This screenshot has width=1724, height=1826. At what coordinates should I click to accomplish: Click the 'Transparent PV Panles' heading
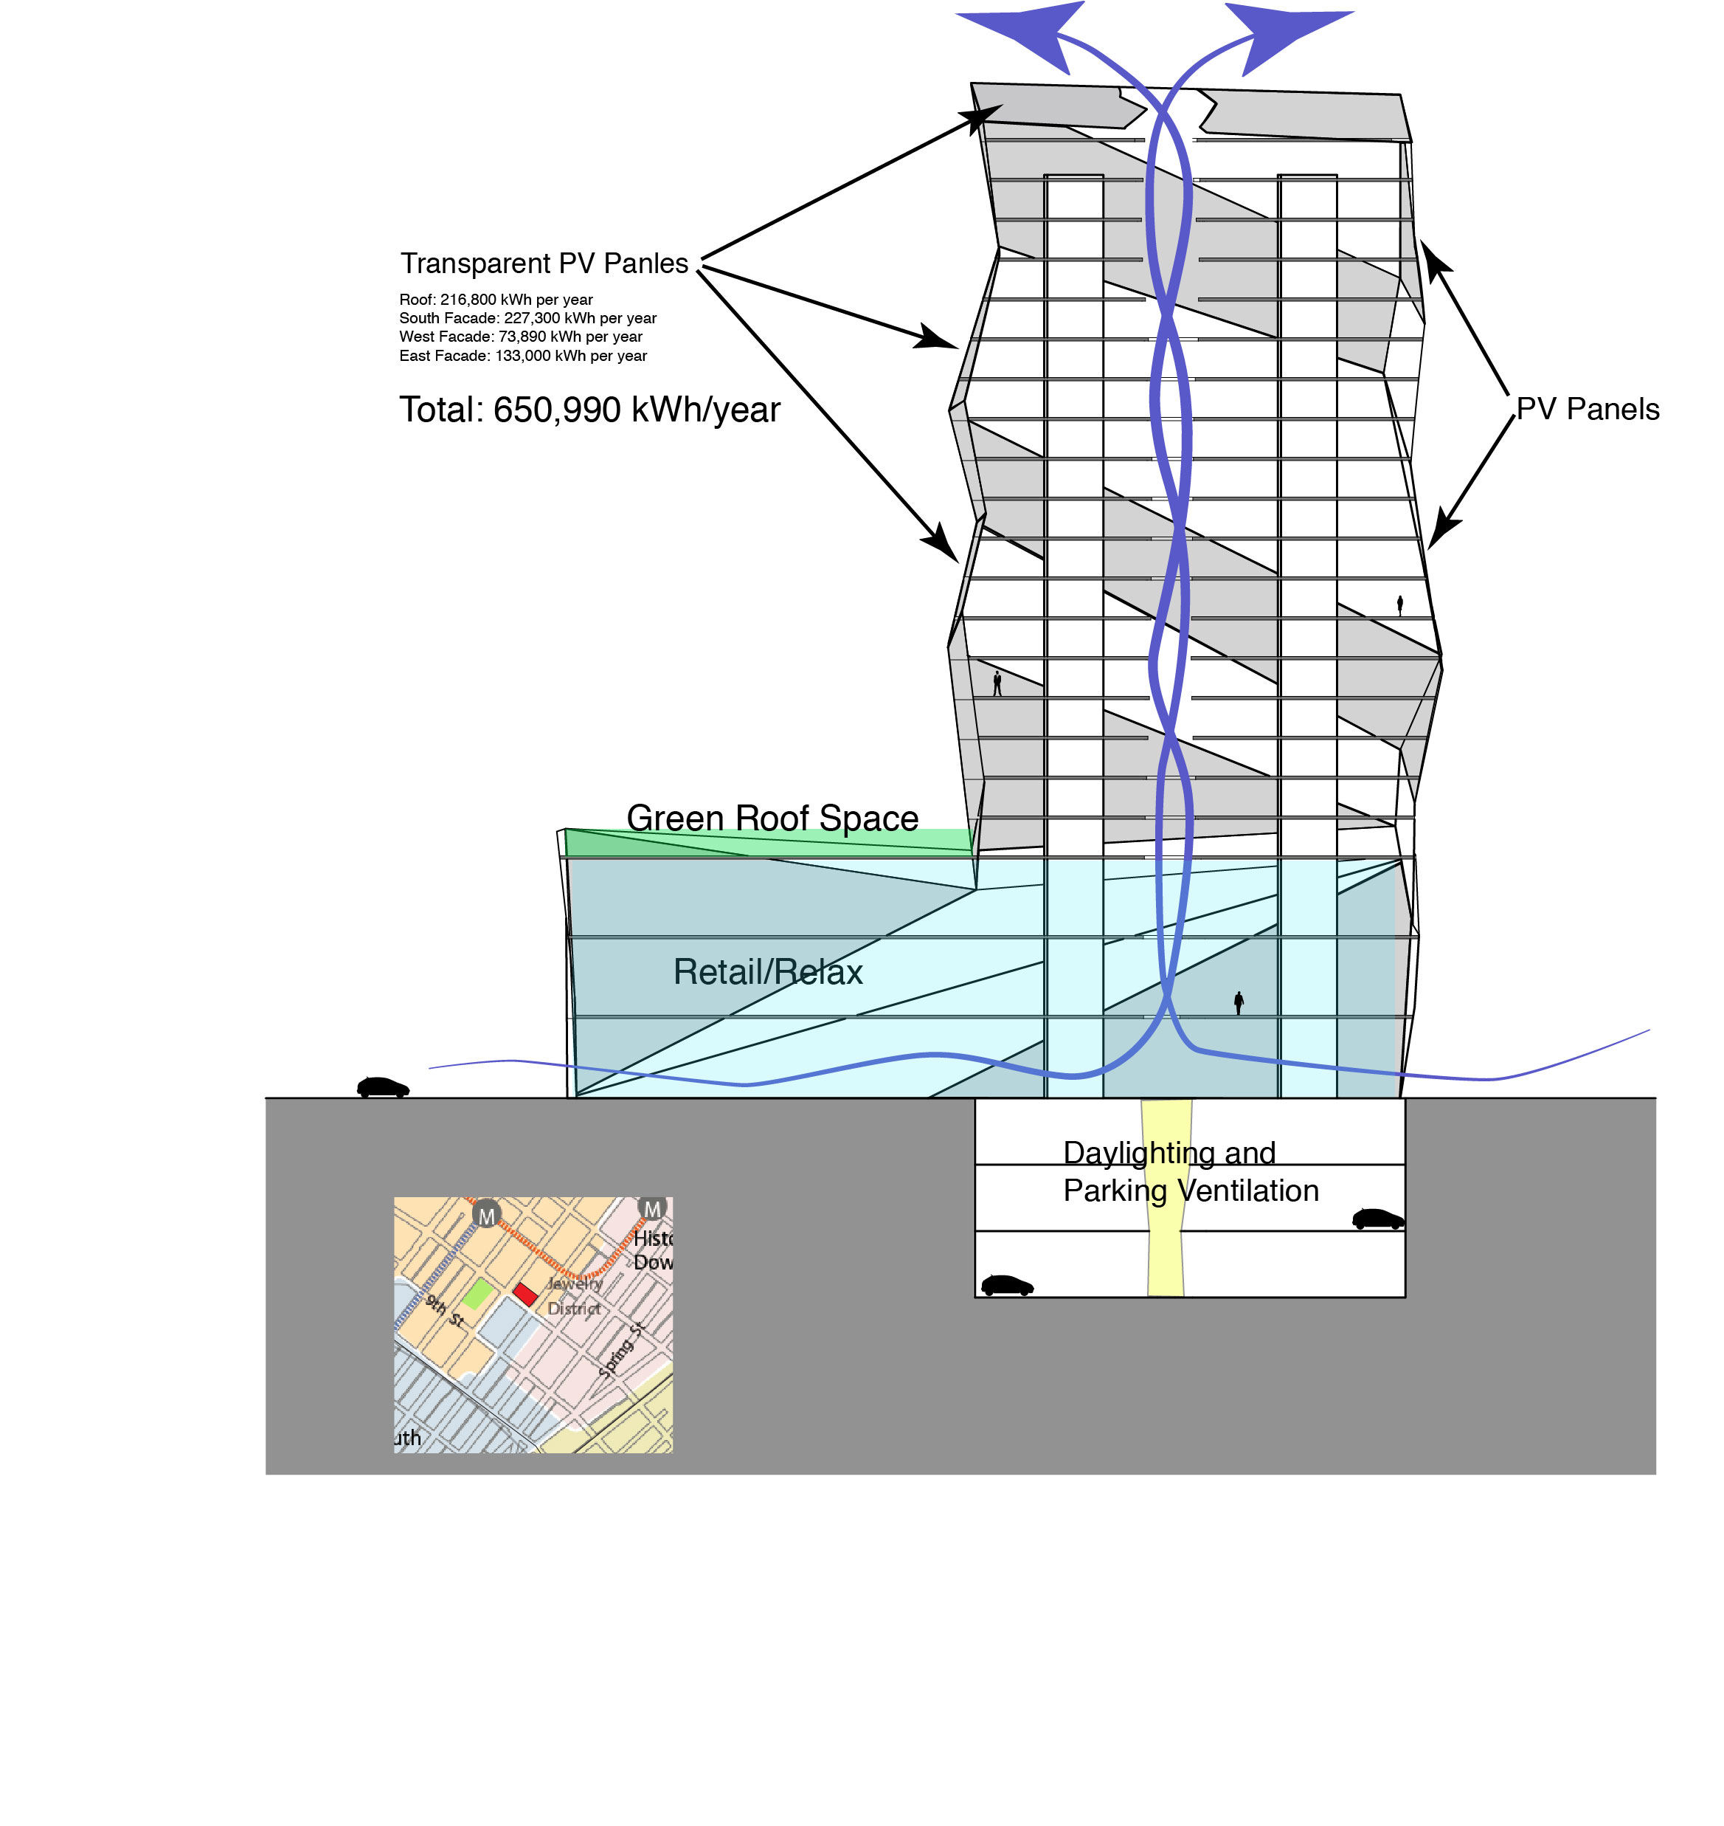(544, 264)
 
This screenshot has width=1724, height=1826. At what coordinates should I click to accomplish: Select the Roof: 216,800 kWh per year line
(496, 300)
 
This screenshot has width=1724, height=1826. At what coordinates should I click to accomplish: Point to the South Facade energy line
(527, 318)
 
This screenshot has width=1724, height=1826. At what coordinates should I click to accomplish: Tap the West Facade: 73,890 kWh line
(520, 337)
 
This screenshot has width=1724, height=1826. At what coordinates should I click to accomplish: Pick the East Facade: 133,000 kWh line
(523, 356)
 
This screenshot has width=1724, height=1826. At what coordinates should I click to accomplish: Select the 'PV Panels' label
(1587, 409)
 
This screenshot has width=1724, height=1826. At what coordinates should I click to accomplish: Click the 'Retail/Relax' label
(767, 972)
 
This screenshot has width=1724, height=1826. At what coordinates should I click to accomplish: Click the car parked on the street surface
(382, 1088)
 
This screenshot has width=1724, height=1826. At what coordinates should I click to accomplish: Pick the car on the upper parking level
(1377, 1219)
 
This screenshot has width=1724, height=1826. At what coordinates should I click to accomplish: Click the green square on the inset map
(477, 1294)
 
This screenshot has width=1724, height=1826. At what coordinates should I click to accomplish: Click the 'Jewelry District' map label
(575, 1295)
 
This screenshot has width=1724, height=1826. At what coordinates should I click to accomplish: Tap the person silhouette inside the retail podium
(1239, 1003)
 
